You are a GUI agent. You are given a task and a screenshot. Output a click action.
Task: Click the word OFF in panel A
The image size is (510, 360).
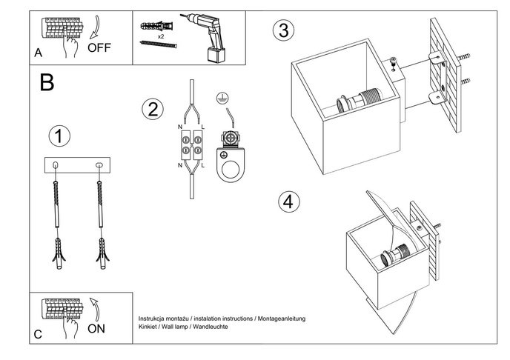[99, 47]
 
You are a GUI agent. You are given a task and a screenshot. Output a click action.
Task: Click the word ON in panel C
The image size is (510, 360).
[96, 328]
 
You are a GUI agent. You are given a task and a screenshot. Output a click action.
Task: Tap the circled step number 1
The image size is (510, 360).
[59, 136]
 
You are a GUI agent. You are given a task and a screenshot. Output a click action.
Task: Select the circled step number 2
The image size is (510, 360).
[153, 109]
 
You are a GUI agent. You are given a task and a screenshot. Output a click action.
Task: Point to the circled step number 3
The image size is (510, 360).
[284, 30]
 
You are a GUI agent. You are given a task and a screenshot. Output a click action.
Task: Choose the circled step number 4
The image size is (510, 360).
[289, 201]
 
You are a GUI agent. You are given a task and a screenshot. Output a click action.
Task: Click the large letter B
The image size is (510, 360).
[47, 82]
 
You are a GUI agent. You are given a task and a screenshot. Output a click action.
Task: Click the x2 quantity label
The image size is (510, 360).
[161, 36]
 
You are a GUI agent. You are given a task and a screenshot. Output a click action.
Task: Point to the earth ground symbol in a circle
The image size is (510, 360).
[222, 98]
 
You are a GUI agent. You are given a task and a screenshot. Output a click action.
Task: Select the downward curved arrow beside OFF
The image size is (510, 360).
[95, 27]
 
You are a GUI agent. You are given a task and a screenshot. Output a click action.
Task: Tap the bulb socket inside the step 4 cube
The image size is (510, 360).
[396, 254]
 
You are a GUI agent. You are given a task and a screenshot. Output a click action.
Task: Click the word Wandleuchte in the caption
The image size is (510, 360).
[211, 327]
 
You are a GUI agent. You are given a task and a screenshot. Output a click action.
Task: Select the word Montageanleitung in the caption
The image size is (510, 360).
[282, 319]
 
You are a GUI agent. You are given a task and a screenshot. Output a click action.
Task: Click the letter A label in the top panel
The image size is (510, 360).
[38, 53]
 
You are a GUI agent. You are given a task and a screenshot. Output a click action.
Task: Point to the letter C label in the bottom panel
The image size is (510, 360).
[38, 334]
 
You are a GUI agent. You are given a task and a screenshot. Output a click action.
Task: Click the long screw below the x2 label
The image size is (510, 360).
[159, 44]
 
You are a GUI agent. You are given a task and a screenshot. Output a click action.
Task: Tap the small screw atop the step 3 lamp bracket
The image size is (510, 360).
[394, 63]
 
